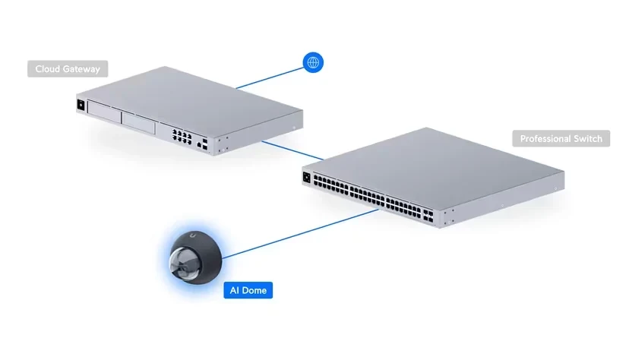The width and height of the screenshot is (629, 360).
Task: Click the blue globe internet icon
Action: (x=313, y=62)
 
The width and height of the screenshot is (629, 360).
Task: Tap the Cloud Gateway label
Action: (x=68, y=69)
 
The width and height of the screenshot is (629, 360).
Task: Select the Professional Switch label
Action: (x=561, y=139)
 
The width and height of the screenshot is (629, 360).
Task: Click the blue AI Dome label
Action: (x=248, y=290)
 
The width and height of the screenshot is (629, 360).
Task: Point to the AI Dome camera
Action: (x=195, y=257)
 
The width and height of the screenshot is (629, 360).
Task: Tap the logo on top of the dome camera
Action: (x=193, y=236)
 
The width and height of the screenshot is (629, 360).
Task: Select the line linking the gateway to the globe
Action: (x=270, y=78)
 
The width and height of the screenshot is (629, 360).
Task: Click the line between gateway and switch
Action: (x=292, y=150)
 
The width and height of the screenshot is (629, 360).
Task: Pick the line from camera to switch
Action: (x=300, y=233)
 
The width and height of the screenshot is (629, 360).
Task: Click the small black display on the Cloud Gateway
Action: (x=81, y=105)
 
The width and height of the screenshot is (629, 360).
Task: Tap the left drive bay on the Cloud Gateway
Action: (x=104, y=112)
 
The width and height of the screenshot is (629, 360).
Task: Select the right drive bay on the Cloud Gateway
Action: (x=138, y=123)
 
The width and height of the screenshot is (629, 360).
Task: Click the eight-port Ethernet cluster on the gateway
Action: (x=182, y=137)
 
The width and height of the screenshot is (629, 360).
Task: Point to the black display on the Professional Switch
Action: (x=307, y=177)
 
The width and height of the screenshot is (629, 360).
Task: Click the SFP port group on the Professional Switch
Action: (x=428, y=216)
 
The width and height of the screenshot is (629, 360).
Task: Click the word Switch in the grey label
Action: (x=588, y=139)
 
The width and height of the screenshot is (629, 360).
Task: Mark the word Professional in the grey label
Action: (x=545, y=139)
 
